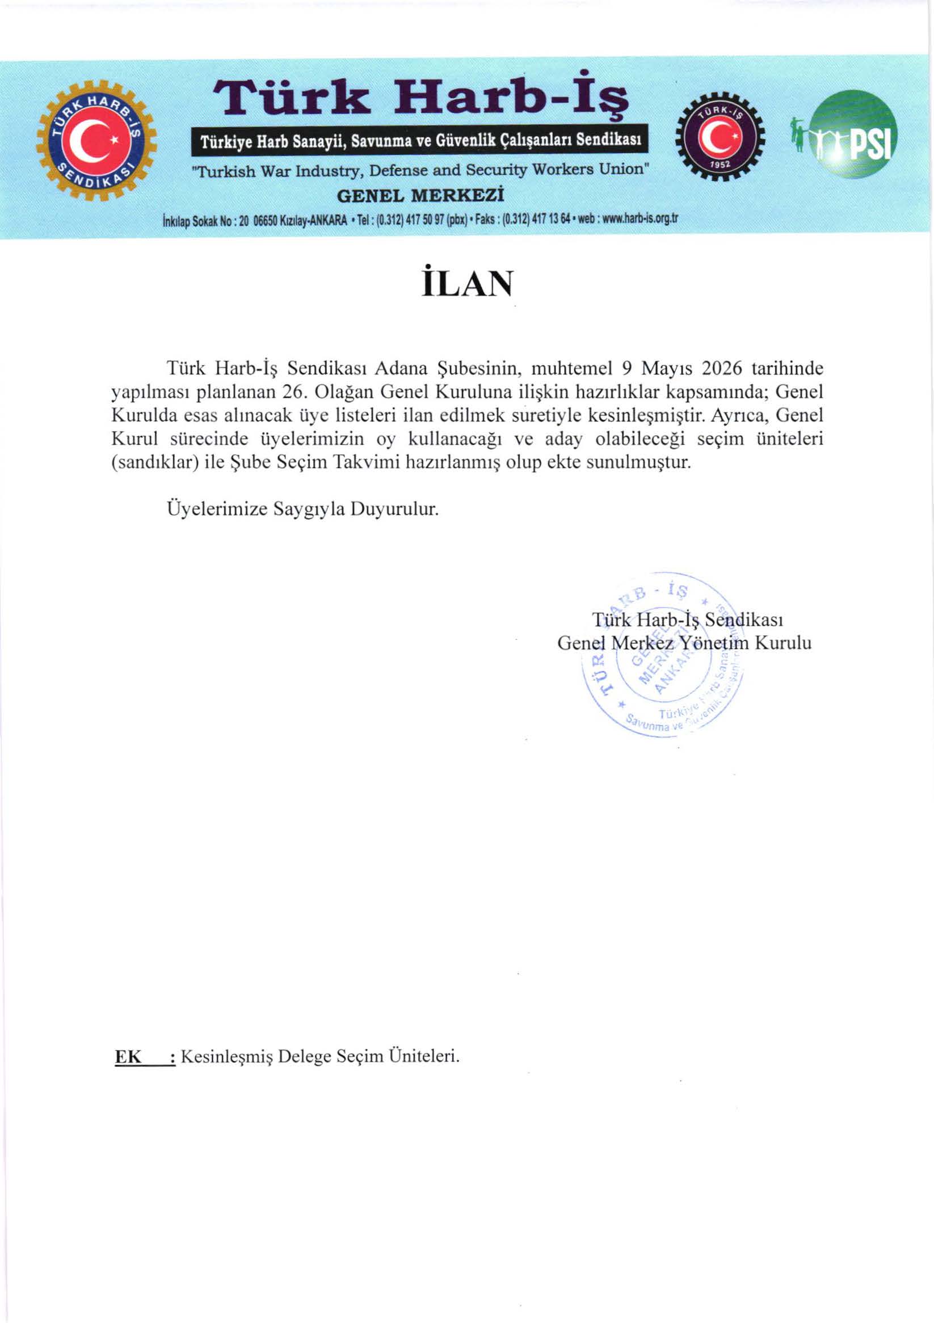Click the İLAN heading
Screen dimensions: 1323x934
point(466,284)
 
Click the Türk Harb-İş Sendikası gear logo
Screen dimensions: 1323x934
point(96,141)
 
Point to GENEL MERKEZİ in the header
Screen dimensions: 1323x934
point(420,196)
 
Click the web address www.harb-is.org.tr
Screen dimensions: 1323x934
point(639,220)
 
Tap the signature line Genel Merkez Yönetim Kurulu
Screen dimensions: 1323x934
point(684,642)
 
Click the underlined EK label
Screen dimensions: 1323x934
point(128,1057)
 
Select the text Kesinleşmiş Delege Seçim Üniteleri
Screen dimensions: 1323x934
point(321,1057)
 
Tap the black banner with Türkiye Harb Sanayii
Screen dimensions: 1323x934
point(420,140)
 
